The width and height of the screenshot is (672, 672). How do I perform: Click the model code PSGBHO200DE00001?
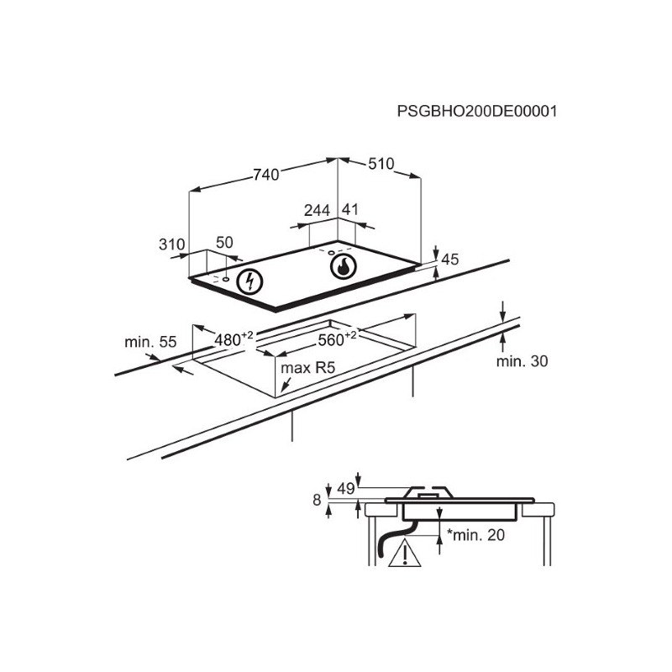tap(477, 112)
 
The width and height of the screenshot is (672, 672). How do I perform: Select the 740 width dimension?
tap(265, 175)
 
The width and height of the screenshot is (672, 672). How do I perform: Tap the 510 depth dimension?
tap(381, 163)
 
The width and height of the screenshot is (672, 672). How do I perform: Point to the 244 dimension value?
tap(318, 210)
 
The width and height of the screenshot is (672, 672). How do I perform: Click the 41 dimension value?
tap(350, 209)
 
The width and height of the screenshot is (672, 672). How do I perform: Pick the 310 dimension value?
tap(171, 244)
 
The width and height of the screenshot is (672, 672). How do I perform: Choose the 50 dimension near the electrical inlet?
tap(224, 243)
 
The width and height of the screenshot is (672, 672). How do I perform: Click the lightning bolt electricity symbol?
tap(249, 281)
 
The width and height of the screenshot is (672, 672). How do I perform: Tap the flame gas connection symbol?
tap(344, 267)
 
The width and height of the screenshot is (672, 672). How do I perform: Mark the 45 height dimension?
tap(449, 260)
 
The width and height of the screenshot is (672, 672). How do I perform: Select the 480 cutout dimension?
tap(234, 339)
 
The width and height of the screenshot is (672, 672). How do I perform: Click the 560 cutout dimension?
tap(337, 339)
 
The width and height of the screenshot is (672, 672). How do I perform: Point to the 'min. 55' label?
tap(150, 342)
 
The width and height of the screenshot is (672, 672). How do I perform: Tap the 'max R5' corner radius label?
tap(307, 368)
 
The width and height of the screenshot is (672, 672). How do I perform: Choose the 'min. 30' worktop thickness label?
tap(522, 361)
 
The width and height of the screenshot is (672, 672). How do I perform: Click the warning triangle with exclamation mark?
tap(405, 553)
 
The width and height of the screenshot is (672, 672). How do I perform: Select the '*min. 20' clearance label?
tap(475, 535)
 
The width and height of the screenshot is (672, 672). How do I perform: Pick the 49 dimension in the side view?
tap(346, 489)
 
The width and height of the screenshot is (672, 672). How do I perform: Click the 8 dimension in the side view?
tap(317, 500)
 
